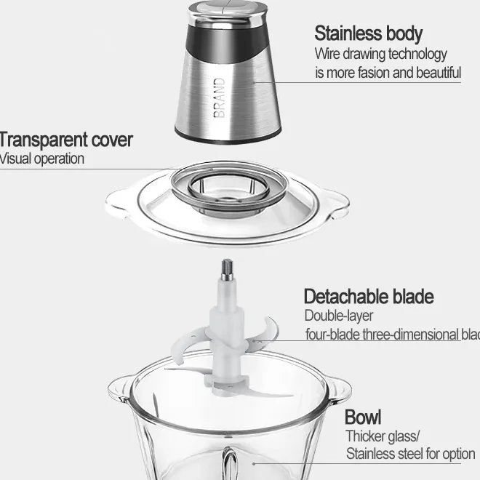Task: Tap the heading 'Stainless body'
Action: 368,33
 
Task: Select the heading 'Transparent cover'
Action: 65,139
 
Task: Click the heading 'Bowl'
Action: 362,417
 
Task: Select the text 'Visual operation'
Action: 41,158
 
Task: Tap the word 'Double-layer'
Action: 338,316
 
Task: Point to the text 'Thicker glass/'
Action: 383,436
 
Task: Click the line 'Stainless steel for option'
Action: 410,455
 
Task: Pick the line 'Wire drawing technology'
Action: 380,54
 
